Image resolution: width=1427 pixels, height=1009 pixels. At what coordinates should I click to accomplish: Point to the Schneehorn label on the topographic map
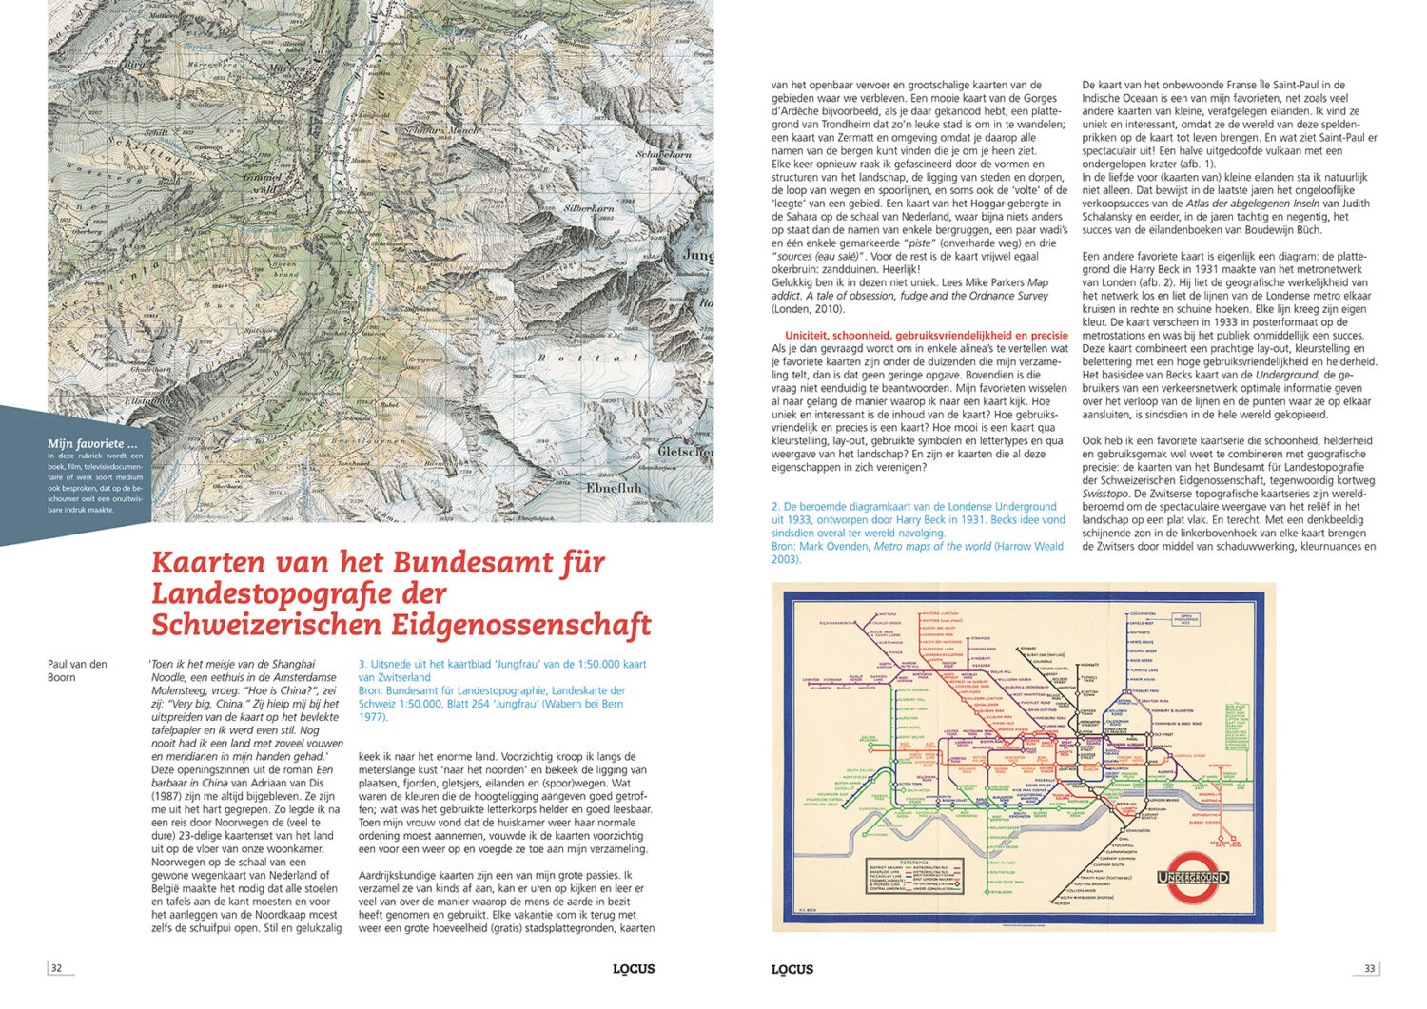pyautogui.click(x=663, y=154)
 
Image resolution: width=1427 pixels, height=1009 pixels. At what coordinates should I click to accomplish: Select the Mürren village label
pyautogui.click(x=289, y=70)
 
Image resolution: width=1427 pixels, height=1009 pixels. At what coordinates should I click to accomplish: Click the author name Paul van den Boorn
pyautogui.click(x=77, y=670)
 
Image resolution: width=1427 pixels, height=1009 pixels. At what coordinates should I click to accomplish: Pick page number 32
pyautogui.click(x=56, y=968)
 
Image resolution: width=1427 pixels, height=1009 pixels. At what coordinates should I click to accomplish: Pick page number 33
pyautogui.click(x=1369, y=968)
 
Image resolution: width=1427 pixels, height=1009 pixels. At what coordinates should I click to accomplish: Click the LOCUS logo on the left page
pyautogui.click(x=634, y=969)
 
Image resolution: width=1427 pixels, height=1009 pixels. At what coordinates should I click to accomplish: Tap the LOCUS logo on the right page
pyautogui.click(x=792, y=969)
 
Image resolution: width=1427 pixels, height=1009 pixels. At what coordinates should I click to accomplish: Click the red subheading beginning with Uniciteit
pyautogui.click(x=926, y=335)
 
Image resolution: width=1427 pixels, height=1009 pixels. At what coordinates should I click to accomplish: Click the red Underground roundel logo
pyautogui.click(x=1193, y=877)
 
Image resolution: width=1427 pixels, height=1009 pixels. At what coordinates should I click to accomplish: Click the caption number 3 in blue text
pyautogui.click(x=362, y=665)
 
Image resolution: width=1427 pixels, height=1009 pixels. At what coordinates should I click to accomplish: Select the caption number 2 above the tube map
pyautogui.click(x=775, y=507)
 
